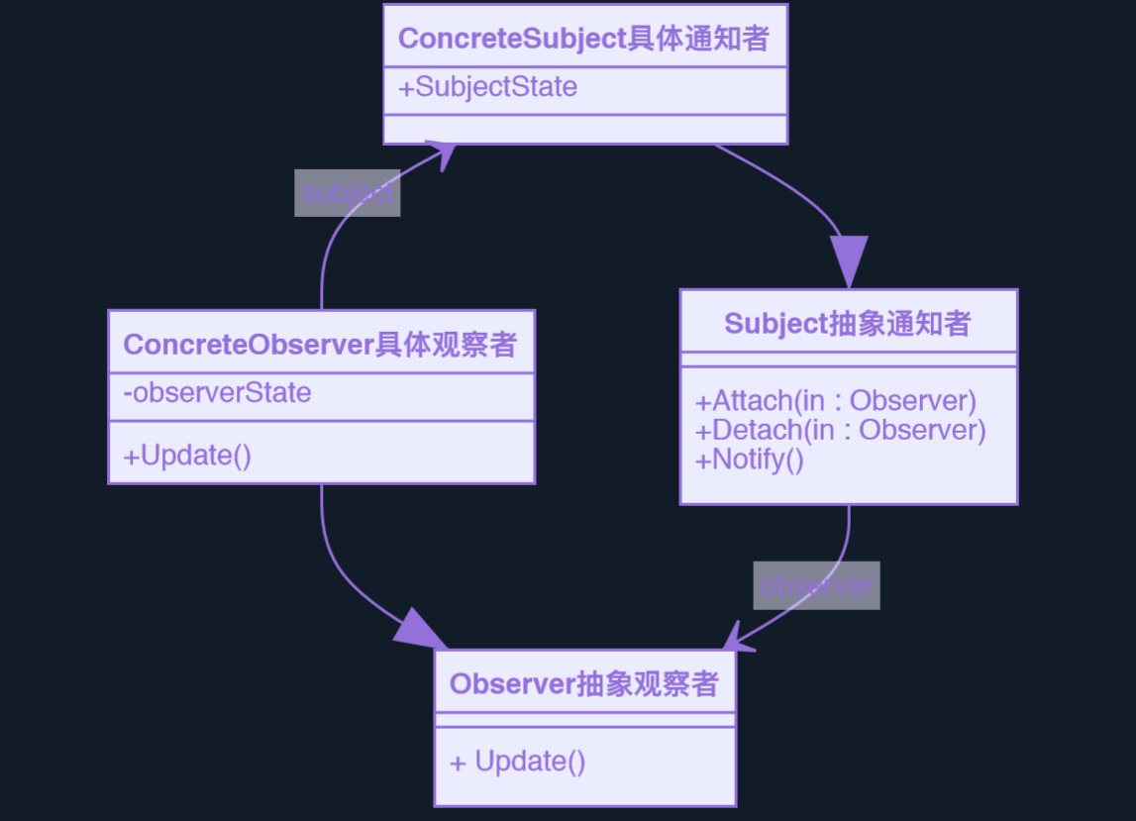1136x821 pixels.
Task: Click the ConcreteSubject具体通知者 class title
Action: click(x=584, y=39)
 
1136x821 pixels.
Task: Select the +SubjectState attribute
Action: click(x=487, y=87)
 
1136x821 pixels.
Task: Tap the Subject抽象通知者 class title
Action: click(x=848, y=324)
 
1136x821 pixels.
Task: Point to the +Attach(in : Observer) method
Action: click(x=836, y=401)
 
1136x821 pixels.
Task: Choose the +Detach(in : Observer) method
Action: click(x=841, y=430)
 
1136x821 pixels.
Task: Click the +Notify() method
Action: click(x=750, y=460)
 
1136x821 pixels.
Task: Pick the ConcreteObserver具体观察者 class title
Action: click(x=320, y=345)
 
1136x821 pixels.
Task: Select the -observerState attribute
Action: click(x=217, y=393)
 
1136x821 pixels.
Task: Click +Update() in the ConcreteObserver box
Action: click(x=187, y=456)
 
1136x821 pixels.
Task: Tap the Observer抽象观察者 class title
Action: click(x=584, y=684)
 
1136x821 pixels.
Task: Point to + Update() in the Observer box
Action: click(x=518, y=762)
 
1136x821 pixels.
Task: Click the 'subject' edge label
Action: click(x=347, y=193)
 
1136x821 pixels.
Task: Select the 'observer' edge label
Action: click(x=816, y=585)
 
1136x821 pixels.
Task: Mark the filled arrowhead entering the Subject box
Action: click(x=849, y=263)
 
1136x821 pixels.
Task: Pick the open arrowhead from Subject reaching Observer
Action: click(x=735, y=640)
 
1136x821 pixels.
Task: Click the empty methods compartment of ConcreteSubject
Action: click(x=584, y=130)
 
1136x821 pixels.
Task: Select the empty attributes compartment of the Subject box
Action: click(x=848, y=359)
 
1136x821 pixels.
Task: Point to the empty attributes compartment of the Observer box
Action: click(x=584, y=720)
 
